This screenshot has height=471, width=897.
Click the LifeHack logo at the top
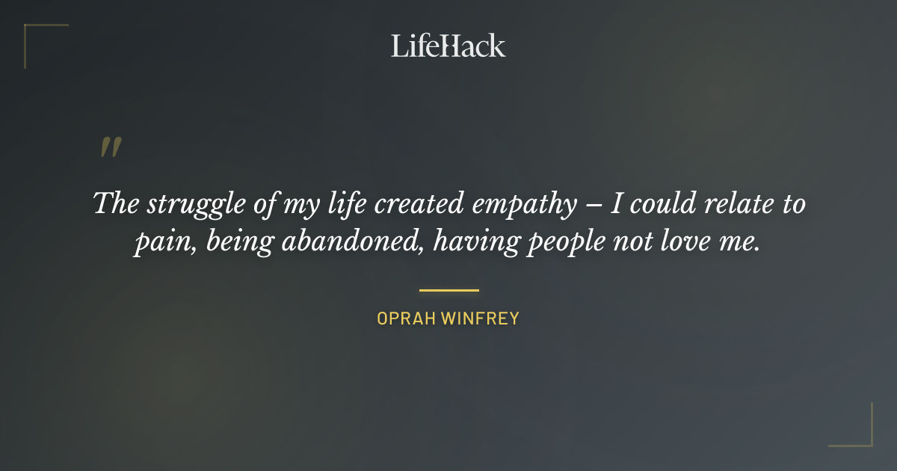(x=449, y=46)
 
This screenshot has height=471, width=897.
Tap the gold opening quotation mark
(x=110, y=147)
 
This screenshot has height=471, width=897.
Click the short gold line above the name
(x=449, y=290)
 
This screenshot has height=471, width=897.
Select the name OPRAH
(x=406, y=318)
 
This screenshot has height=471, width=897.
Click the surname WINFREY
(x=480, y=318)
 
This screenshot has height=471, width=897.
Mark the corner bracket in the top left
(x=30, y=30)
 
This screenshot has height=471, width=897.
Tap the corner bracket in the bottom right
(x=867, y=441)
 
